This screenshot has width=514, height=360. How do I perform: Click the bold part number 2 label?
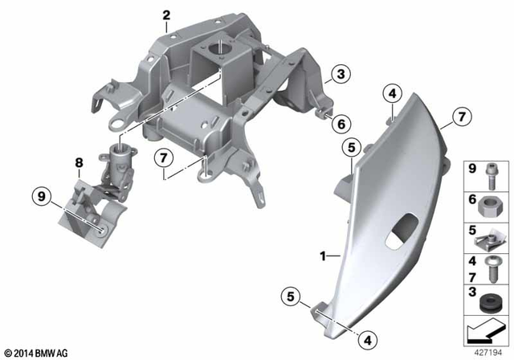(166, 14)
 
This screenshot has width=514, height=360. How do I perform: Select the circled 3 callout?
(341, 75)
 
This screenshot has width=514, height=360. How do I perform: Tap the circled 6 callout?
(341, 124)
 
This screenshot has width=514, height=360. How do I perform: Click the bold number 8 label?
(79, 163)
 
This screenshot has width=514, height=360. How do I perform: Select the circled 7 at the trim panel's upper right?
(460, 118)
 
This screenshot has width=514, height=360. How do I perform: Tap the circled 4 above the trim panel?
(391, 94)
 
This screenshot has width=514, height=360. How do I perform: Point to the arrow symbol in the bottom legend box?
(485, 329)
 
